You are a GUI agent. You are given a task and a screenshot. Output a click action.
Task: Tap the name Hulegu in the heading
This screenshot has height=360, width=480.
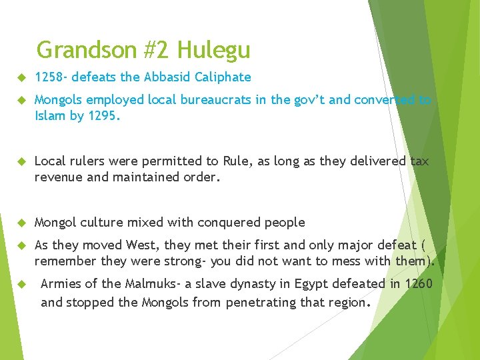(x=214, y=50)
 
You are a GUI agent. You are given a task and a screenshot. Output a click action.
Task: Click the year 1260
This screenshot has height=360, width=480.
(x=418, y=284)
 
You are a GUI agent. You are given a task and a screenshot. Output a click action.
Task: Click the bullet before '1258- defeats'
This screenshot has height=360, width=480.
(x=20, y=77)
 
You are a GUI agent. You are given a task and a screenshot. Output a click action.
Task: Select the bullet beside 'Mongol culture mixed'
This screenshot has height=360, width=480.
(x=20, y=223)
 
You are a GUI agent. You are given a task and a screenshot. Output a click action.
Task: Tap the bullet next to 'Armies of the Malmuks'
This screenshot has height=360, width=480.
(x=20, y=285)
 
